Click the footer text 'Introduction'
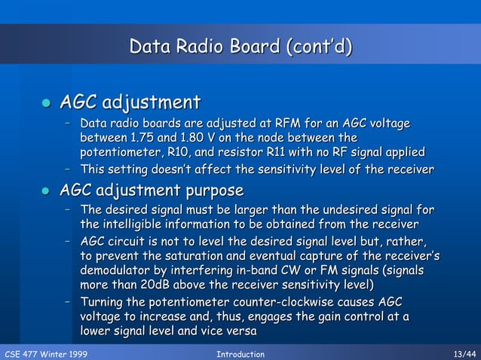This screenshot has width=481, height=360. (240, 354)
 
